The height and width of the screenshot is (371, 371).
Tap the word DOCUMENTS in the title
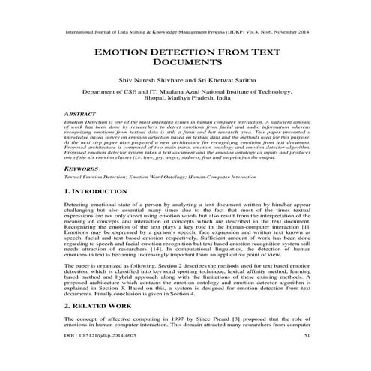coord(186,65)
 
